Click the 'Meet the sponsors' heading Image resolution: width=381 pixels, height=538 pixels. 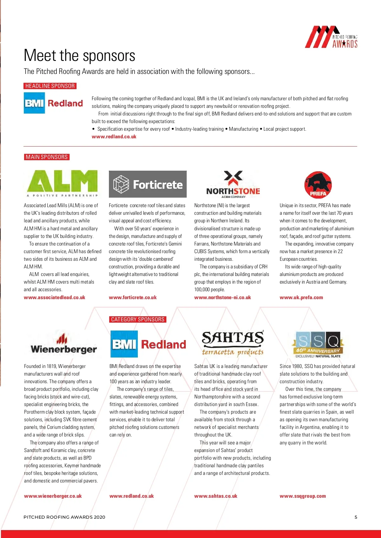(x=79, y=56)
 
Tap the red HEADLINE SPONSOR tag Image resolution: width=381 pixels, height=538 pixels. (x=50, y=86)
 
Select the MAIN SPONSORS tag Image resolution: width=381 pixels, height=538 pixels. (x=47, y=157)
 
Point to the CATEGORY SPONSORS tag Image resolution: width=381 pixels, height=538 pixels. (x=138, y=319)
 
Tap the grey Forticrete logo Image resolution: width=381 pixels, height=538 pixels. (x=148, y=184)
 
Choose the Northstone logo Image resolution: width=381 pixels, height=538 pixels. (x=233, y=185)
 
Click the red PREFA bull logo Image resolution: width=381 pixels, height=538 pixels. (x=318, y=185)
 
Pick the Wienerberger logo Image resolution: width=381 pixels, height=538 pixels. (x=63, y=344)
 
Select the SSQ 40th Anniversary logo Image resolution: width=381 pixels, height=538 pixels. (x=318, y=344)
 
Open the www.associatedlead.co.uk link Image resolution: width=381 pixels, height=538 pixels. (x=55, y=298)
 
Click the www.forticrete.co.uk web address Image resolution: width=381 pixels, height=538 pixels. (x=133, y=298)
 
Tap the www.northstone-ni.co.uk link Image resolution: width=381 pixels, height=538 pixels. (x=223, y=298)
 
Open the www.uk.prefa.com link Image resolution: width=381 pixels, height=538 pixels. (x=301, y=298)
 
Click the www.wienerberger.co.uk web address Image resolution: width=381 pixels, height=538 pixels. (x=53, y=496)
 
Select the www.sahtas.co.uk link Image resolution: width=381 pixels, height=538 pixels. (x=216, y=496)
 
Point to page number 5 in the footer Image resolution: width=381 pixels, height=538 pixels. (x=356, y=517)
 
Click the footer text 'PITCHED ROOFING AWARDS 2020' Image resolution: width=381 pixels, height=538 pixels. (x=64, y=517)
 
